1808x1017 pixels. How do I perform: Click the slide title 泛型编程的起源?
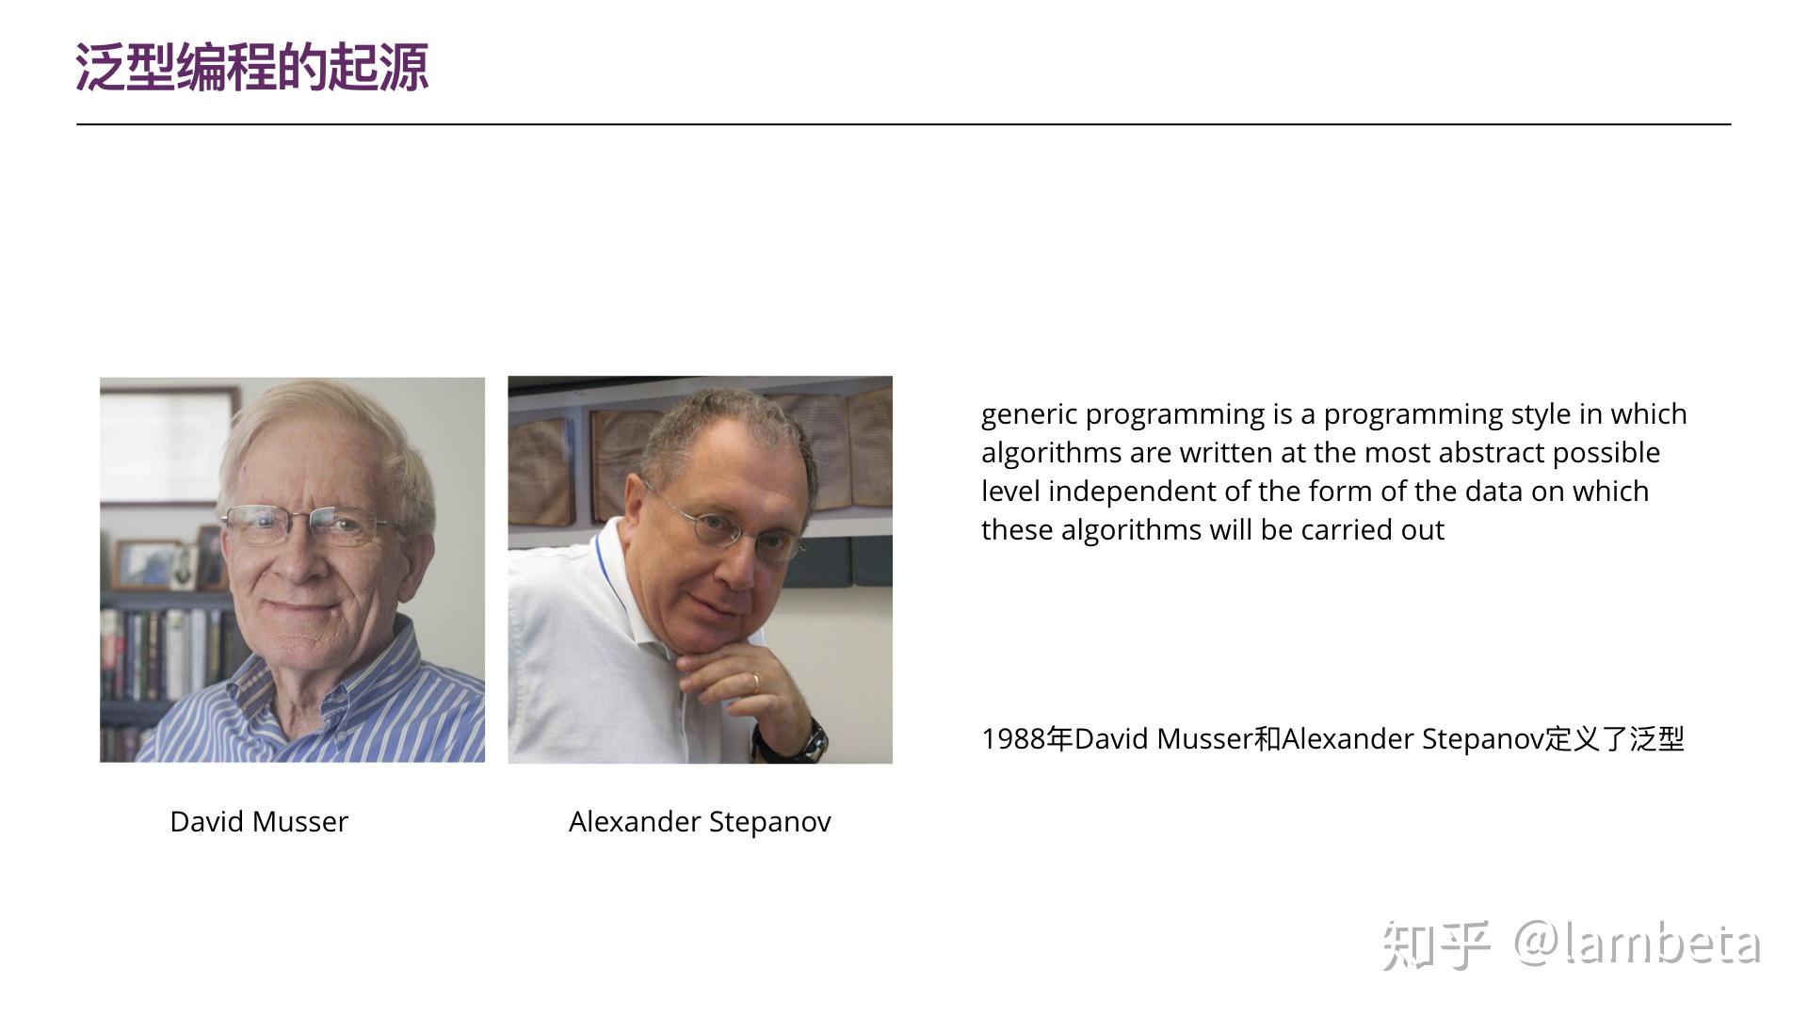[252, 67]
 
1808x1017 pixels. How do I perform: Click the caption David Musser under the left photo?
[259, 822]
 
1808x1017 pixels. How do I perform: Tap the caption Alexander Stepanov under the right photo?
[700, 822]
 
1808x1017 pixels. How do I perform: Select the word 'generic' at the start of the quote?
[1029, 415]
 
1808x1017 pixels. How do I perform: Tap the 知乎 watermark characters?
[1436, 944]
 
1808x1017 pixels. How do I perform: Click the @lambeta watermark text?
[1637, 944]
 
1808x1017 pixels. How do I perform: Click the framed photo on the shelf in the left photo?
[147, 564]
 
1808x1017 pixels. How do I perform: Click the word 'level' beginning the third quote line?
[1010, 492]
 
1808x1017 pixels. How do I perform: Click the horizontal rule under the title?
[904, 124]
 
